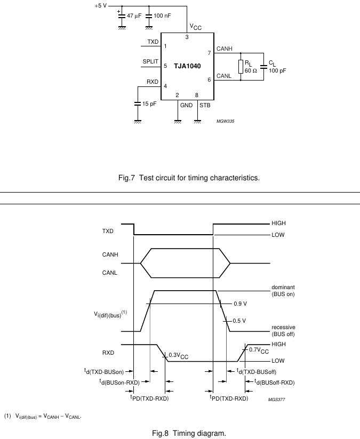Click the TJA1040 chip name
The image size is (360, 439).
187,66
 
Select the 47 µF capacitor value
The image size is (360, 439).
134,15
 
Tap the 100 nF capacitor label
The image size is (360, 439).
162,15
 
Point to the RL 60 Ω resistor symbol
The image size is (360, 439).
241,67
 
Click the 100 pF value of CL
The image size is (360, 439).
277,70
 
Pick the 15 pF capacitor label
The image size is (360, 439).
149,104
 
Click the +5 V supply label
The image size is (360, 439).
100,5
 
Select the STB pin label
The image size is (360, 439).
205,105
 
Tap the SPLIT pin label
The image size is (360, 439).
150,61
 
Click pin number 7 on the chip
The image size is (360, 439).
209,53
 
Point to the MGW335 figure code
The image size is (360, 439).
226,121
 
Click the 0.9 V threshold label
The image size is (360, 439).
240,304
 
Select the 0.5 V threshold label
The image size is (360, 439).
239,321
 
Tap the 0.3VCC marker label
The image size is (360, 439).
178,356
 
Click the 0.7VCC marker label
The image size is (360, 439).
259,350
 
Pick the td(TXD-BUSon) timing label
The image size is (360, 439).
104,371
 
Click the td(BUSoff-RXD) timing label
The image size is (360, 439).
274,382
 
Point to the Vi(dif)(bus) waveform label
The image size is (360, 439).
110,314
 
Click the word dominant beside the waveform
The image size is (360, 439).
283,288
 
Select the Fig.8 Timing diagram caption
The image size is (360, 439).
189,433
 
